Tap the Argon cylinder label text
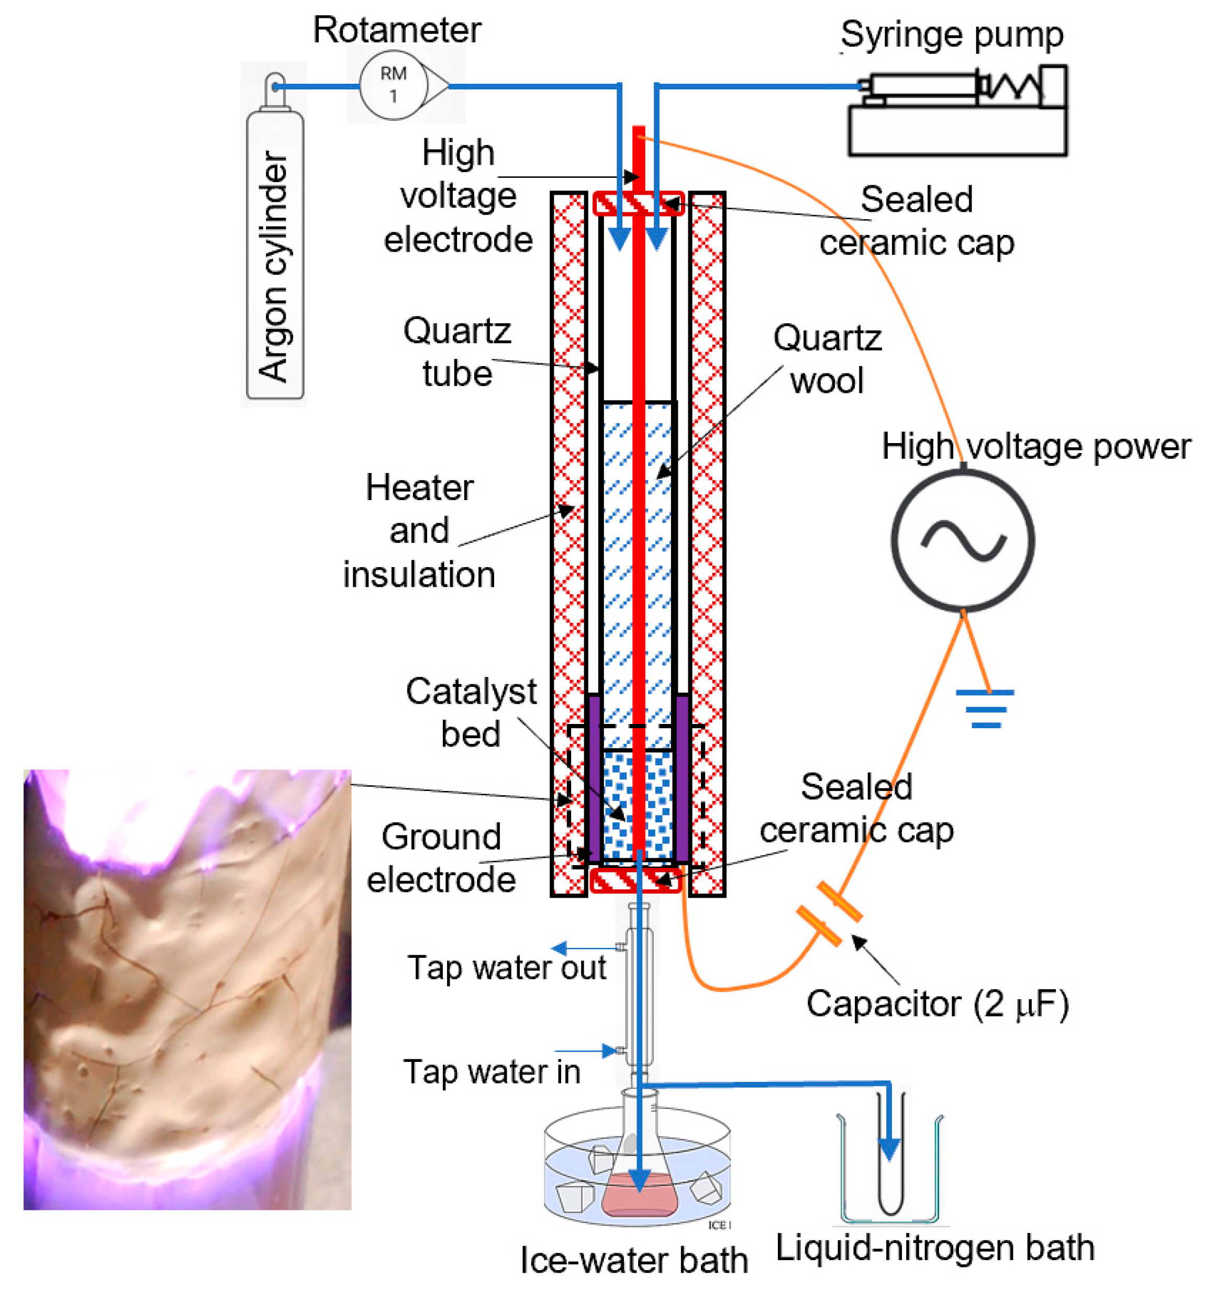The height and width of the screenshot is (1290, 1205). pyautogui.click(x=273, y=266)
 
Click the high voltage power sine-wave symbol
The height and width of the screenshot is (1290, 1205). pyautogui.click(x=963, y=540)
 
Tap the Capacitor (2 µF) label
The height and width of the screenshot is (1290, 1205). pyautogui.click(x=937, y=1004)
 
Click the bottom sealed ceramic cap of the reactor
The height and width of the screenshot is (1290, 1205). pyautogui.click(x=635, y=880)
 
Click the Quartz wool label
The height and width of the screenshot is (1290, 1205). pyautogui.click(x=827, y=359)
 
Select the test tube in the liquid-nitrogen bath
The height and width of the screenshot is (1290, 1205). pyautogui.click(x=889, y=1161)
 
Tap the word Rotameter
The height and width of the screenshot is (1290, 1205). pyautogui.click(x=397, y=30)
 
